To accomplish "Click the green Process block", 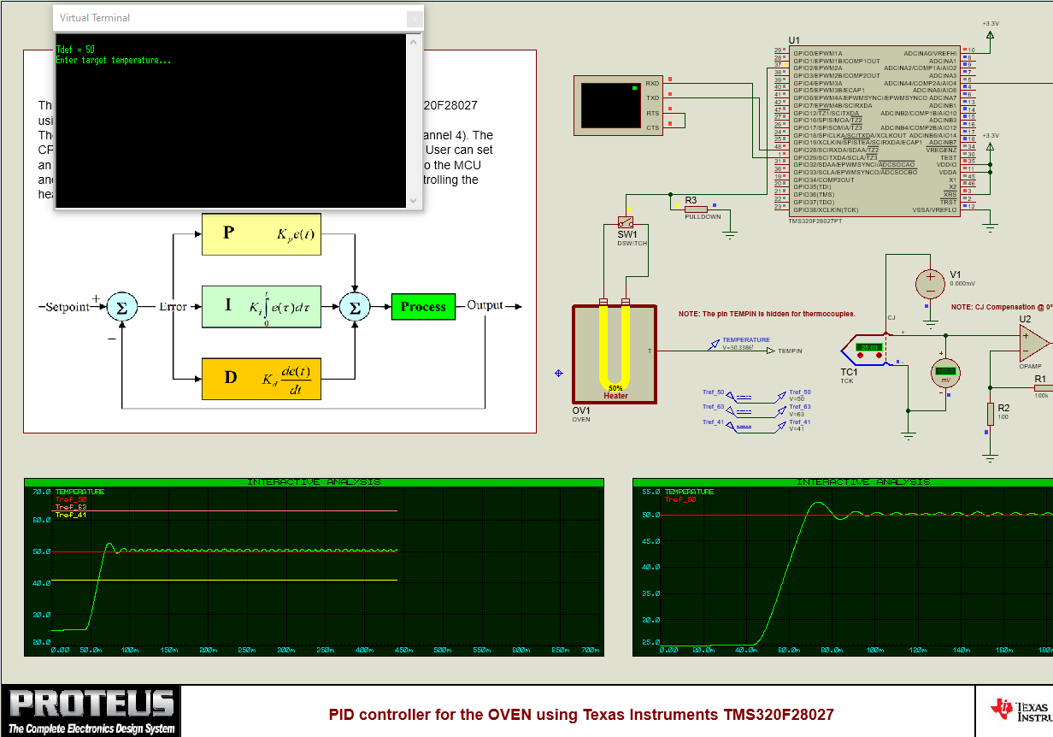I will tap(423, 307).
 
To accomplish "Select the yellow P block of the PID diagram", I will tap(262, 233).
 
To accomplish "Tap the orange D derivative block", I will tap(262, 377).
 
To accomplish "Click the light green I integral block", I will tap(262, 307).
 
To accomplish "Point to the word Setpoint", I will tap(67, 307).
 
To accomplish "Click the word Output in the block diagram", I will tap(485, 306).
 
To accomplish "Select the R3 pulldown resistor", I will tap(696, 208).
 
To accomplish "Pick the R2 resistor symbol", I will tap(991, 415).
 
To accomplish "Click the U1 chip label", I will tap(794, 40).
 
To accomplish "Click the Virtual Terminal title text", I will tap(95, 18).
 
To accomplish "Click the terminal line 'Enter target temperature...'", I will tap(113, 61).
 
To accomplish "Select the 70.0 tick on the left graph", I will tap(41, 492).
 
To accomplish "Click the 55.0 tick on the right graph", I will tap(650, 492).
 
